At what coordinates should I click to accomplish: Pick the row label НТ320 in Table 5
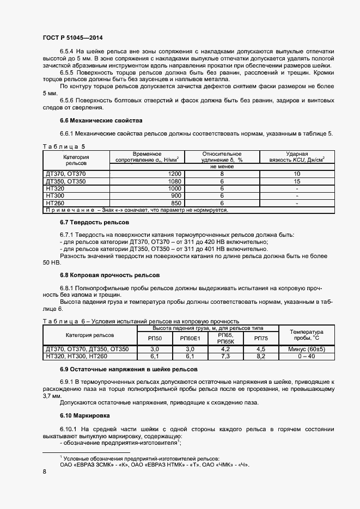pyautogui.click(x=56, y=188)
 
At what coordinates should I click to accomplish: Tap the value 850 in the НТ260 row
pyautogui.click(x=175, y=203)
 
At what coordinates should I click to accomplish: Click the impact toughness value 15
pyautogui.click(x=297, y=181)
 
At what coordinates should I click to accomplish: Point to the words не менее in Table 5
pyautogui.click(x=222, y=167)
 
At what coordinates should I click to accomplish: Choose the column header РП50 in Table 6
pyautogui.click(x=154, y=338)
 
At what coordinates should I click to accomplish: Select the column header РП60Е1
pyautogui.click(x=190, y=338)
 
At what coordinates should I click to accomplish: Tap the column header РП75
pyautogui.click(x=260, y=338)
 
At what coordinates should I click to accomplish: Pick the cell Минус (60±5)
pyautogui.click(x=307, y=348)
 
